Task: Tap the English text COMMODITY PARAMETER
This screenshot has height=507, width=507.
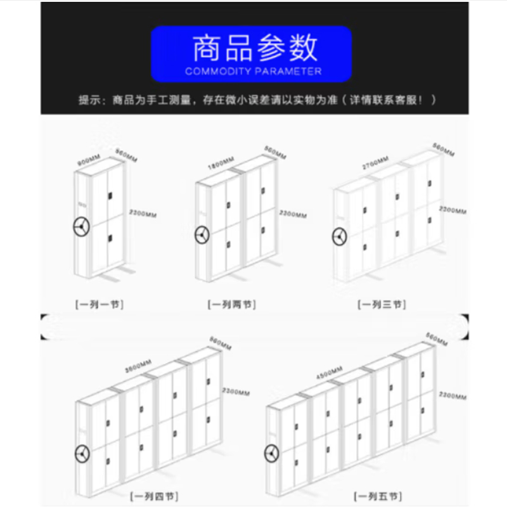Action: (253, 72)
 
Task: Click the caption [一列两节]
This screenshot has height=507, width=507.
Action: (231, 305)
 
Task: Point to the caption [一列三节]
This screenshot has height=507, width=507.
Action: (381, 305)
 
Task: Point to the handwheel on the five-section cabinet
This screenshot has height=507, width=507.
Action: (272, 452)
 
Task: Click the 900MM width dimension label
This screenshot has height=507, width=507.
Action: (89, 160)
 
